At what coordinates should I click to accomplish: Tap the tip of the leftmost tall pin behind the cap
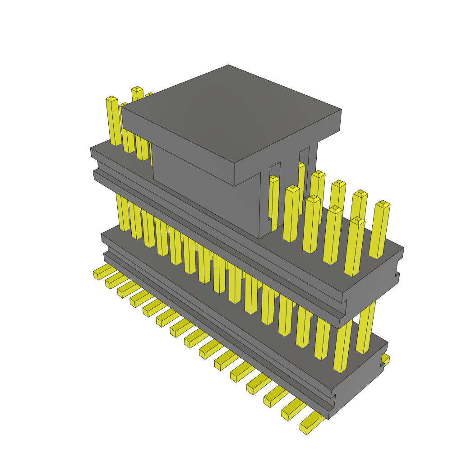[111, 98]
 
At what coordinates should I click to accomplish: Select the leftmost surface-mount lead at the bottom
[102, 273]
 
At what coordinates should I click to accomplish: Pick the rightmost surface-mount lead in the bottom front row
[311, 425]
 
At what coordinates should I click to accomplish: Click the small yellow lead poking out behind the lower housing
[385, 360]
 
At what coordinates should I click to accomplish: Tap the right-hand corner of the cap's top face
[341, 110]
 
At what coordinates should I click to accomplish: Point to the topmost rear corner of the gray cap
[228, 65]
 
